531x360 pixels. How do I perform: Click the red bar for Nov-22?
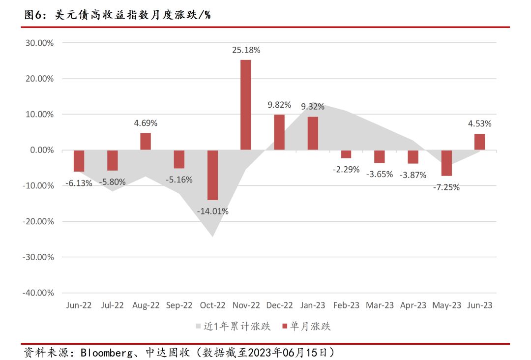[x=246, y=105]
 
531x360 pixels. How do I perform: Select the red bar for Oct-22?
[x=213, y=175]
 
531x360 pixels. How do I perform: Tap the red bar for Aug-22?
[x=146, y=142]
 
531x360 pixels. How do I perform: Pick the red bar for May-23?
[x=446, y=163]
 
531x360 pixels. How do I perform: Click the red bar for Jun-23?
[x=479, y=142]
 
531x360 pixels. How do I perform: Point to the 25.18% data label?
[x=246, y=50]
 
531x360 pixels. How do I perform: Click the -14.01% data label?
[x=213, y=211]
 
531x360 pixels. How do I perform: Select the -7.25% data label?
[x=446, y=187]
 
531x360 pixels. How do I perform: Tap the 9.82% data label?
[x=279, y=105]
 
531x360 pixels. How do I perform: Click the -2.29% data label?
[x=346, y=169]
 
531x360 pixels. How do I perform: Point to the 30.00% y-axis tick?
[x=40, y=43]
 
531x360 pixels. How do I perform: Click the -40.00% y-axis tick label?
[x=38, y=293]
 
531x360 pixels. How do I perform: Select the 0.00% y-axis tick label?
[x=42, y=150]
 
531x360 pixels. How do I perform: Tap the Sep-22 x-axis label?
[x=179, y=305]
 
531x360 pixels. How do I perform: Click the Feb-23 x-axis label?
[x=346, y=305]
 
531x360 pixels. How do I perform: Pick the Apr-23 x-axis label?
[x=413, y=305]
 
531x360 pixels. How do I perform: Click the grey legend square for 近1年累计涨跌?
[x=198, y=326]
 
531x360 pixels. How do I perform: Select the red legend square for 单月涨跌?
[x=285, y=326]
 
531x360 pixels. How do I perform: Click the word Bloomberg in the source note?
[x=107, y=353]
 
